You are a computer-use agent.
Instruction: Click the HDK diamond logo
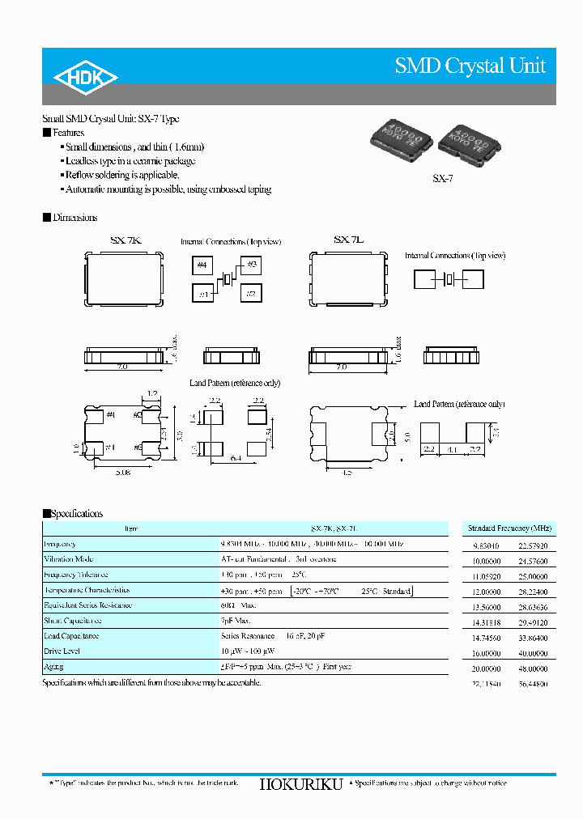[x=86, y=77]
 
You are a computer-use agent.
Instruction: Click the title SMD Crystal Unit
[x=470, y=66]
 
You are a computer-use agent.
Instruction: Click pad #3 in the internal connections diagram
[x=251, y=265]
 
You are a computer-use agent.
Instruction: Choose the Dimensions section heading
[x=74, y=218]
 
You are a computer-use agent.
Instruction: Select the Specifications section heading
[x=76, y=513]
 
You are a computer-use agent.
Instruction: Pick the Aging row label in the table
[x=53, y=666]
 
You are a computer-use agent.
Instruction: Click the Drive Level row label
[x=63, y=651]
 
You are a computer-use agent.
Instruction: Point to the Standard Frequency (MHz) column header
[x=509, y=528]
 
